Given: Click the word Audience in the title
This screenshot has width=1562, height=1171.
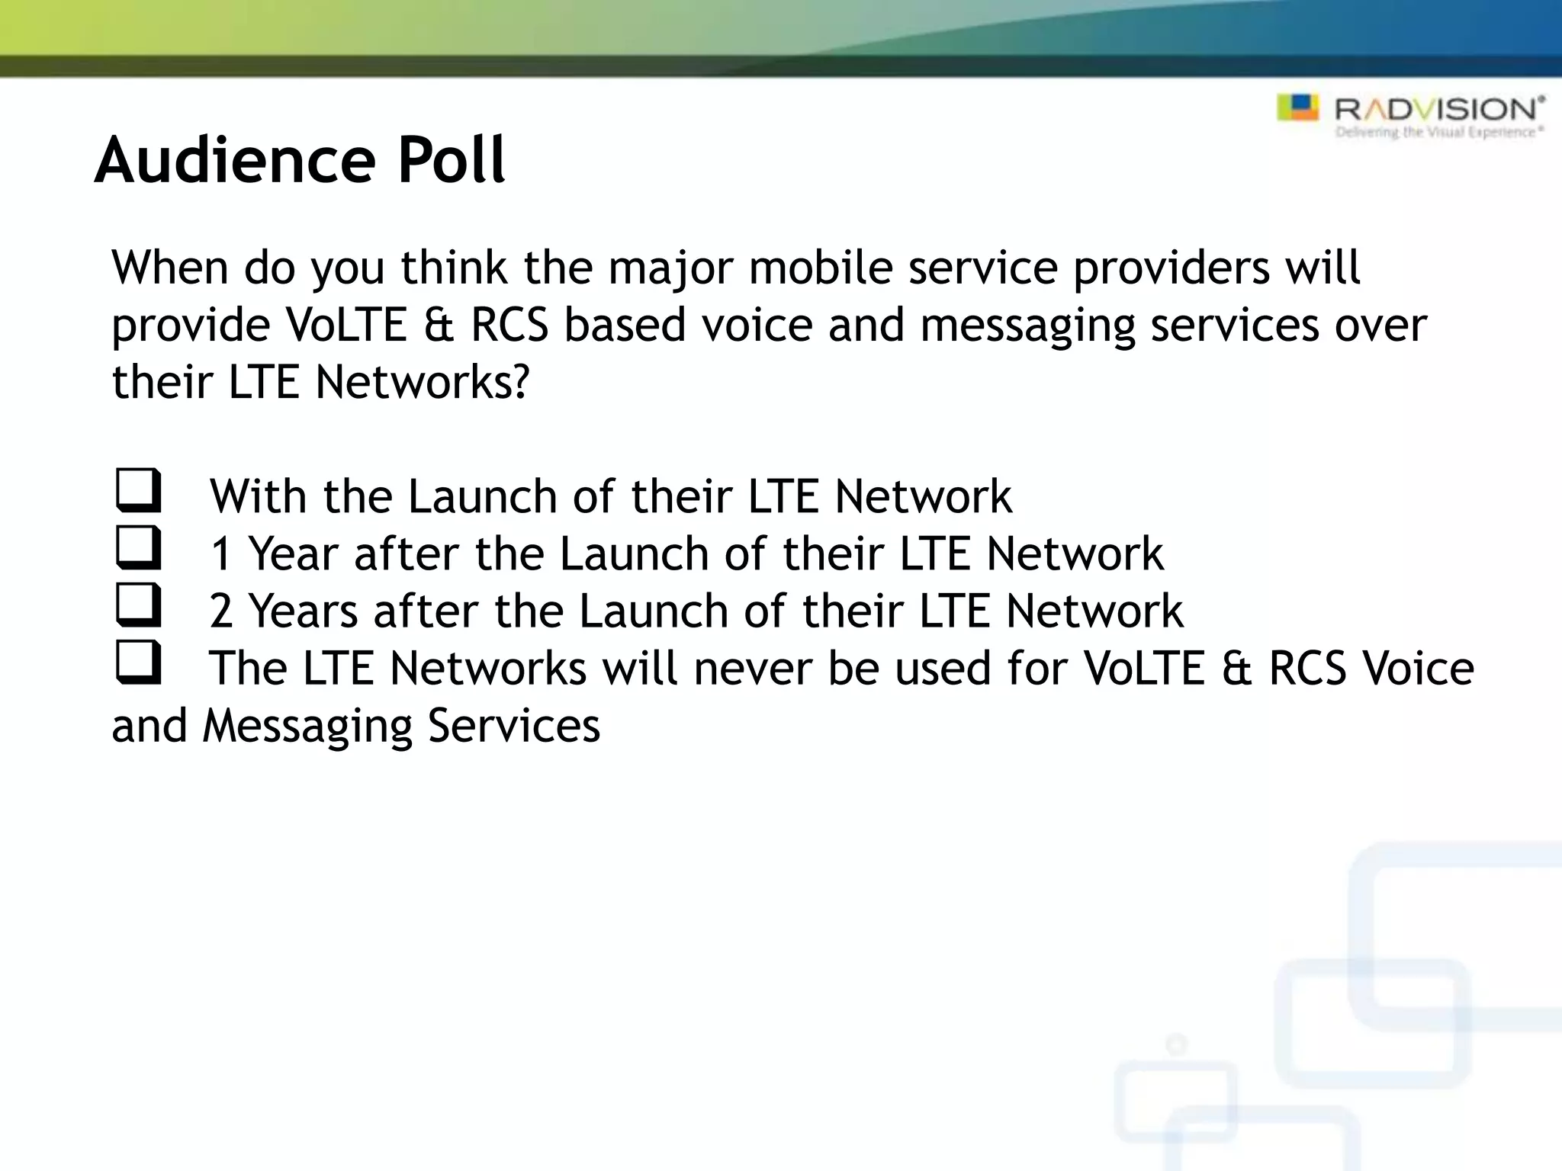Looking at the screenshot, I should [235, 160].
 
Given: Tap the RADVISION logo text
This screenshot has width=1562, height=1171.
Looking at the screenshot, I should [1438, 110].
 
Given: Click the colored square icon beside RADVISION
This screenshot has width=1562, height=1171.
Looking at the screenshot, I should [1297, 107].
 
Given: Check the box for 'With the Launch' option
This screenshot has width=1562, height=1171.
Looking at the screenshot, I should [138, 490].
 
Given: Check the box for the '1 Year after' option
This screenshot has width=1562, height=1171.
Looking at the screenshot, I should [138, 547].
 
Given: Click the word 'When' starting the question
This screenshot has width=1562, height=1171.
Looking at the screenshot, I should [170, 268].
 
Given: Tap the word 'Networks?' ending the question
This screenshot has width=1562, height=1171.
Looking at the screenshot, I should [422, 382].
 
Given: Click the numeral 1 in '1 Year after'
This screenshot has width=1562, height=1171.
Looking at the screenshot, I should [220, 554].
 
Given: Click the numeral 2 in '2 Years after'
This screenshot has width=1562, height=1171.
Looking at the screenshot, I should [220, 611].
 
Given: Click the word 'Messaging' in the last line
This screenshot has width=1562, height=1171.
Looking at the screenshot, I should [307, 727].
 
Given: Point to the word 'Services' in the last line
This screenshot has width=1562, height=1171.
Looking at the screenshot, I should [513, 726].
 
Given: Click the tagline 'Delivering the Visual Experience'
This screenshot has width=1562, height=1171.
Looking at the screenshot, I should [1438, 133].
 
